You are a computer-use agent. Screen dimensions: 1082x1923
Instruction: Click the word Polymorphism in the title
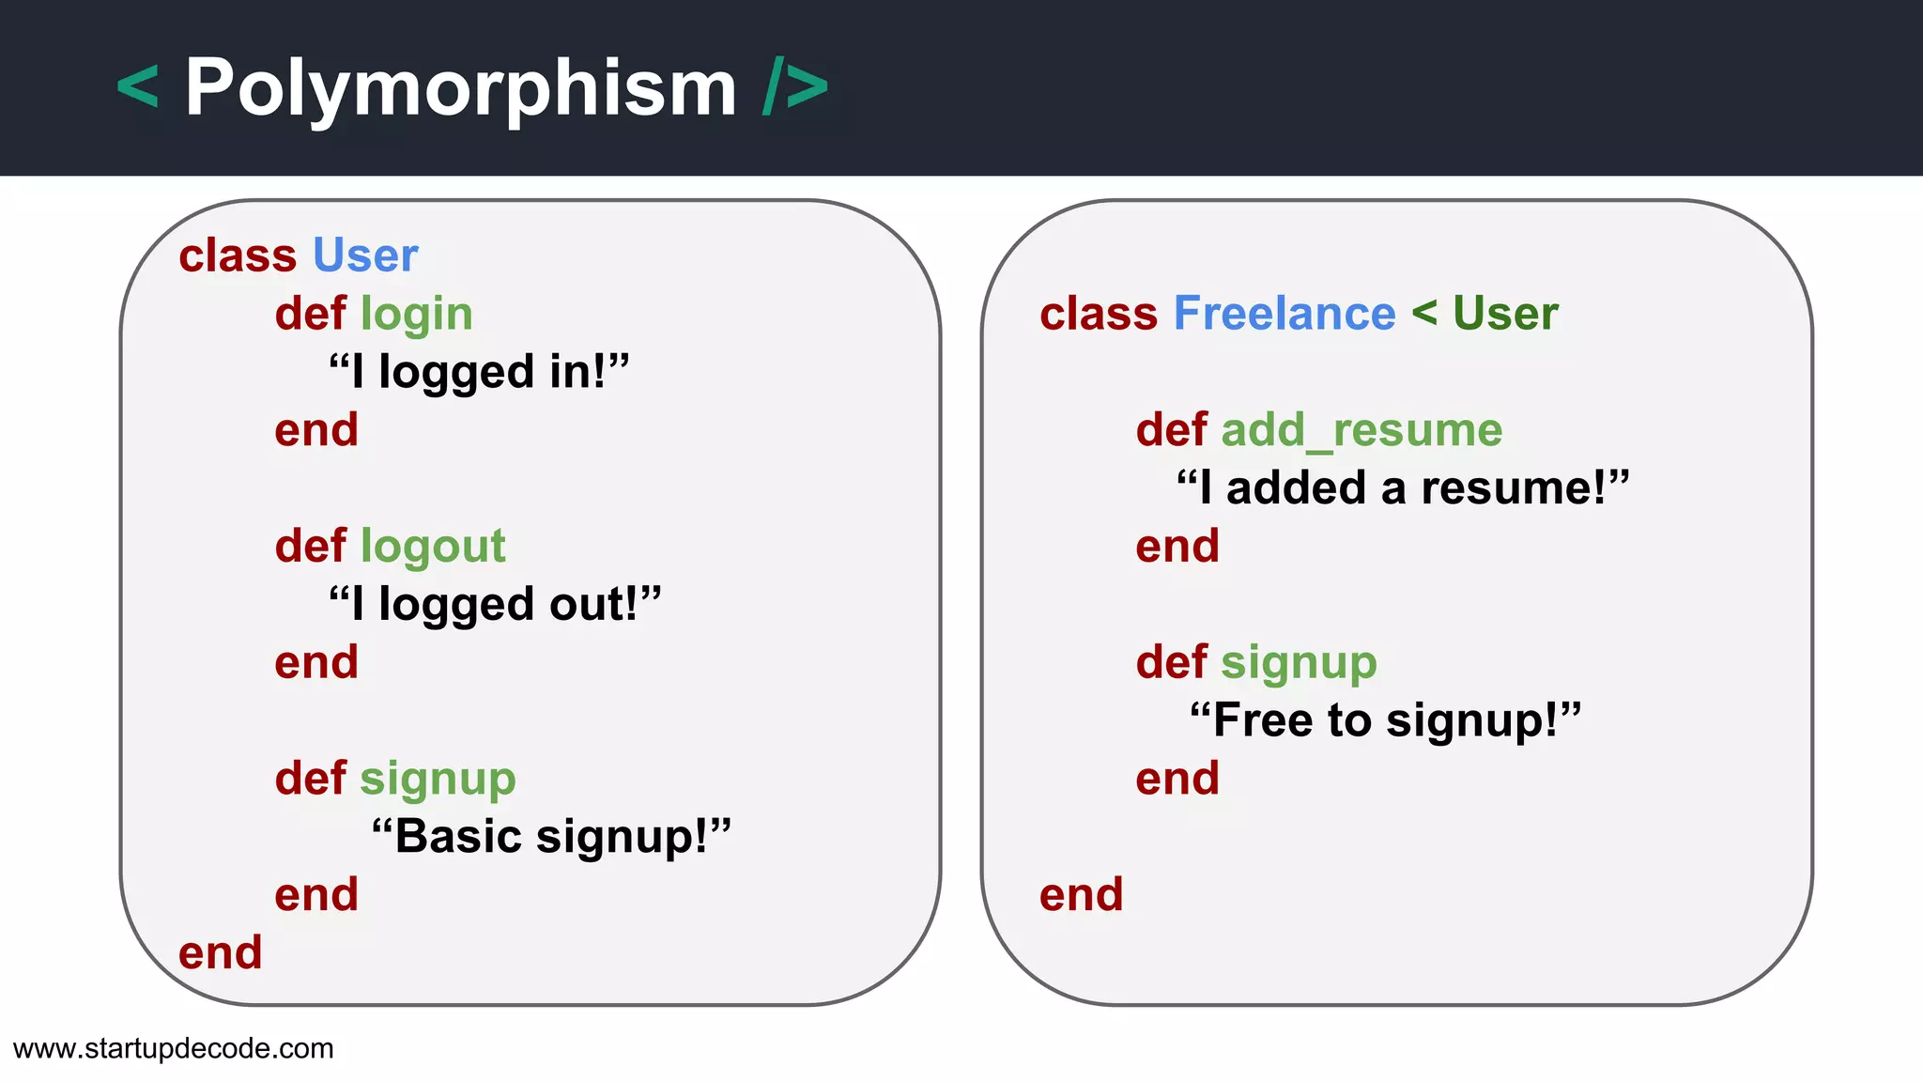pos(460,88)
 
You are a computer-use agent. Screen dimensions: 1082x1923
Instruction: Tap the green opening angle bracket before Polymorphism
pos(138,87)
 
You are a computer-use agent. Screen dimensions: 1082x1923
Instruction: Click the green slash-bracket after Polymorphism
pos(795,87)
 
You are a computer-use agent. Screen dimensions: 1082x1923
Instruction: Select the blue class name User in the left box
pos(365,255)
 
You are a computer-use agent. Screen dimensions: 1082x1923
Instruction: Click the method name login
pos(416,314)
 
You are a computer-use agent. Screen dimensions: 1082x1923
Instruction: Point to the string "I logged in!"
pos(479,372)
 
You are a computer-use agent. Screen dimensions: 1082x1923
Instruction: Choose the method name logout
pos(433,547)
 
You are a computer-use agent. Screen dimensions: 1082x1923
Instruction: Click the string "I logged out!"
pos(495,604)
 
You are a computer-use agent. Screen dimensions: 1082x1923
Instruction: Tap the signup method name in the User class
pos(438,779)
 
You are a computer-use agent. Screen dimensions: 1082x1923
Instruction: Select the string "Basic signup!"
pos(551,836)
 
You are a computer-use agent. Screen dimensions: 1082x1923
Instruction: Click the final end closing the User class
pos(221,952)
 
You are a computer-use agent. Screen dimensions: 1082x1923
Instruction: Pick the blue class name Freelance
pos(1285,314)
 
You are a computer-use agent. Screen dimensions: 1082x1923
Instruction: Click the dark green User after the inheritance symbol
pos(1505,314)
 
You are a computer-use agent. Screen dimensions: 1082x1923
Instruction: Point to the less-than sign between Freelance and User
pos(1424,313)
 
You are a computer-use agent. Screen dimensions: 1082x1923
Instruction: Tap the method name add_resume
pos(1361,430)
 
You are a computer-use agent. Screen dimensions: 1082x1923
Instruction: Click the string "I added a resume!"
pos(1403,488)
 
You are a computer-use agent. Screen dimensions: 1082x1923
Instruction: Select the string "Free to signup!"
pos(1386,720)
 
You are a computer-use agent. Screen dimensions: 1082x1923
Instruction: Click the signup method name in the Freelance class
pos(1299,663)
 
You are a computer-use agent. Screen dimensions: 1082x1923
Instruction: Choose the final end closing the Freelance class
pos(1082,894)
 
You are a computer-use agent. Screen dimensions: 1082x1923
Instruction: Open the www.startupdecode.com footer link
pos(174,1048)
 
